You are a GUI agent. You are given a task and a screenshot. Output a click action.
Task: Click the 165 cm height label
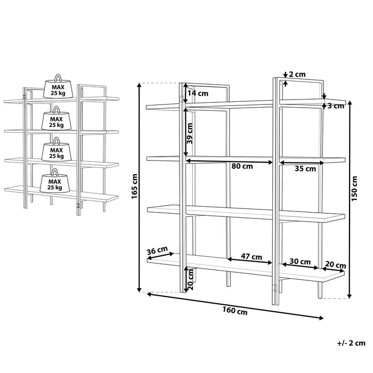click(134, 186)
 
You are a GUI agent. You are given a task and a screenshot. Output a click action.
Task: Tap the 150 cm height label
click(354, 189)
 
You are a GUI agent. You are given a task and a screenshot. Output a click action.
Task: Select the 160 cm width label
click(235, 311)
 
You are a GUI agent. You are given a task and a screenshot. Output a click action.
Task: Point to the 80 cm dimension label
click(242, 166)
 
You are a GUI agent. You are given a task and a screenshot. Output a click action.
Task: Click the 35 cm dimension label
click(305, 169)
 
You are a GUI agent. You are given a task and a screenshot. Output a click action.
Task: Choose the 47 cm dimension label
click(252, 257)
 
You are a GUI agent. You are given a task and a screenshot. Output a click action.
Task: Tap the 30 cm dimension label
click(300, 262)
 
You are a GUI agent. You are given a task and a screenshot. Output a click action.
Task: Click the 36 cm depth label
click(157, 250)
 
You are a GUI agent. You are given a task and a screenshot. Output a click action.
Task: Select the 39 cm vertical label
click(190, 133)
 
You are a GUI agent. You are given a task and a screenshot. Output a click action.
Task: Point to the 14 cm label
click(198, 93)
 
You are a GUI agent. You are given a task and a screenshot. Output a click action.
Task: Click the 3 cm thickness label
click(336, 106)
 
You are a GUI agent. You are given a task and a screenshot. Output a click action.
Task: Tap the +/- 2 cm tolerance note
click(351, 343)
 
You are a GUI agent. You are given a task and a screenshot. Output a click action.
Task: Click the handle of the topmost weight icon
click(58, 78)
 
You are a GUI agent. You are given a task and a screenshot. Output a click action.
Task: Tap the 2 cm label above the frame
click(297, 74)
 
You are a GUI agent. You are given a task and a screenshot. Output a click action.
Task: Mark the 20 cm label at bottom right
click(335, 265)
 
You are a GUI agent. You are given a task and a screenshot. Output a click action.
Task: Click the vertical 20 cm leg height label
click(190, 279)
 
